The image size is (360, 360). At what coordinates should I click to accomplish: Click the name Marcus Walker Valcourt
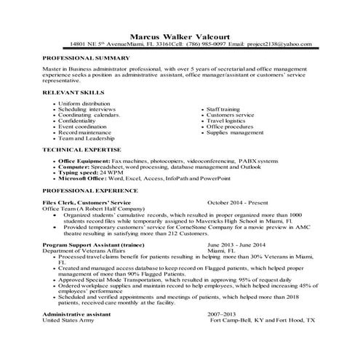pos(180,34)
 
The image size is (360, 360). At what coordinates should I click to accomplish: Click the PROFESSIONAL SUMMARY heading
pos(87,57)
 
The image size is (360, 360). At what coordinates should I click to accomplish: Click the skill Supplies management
pos(236,133)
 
